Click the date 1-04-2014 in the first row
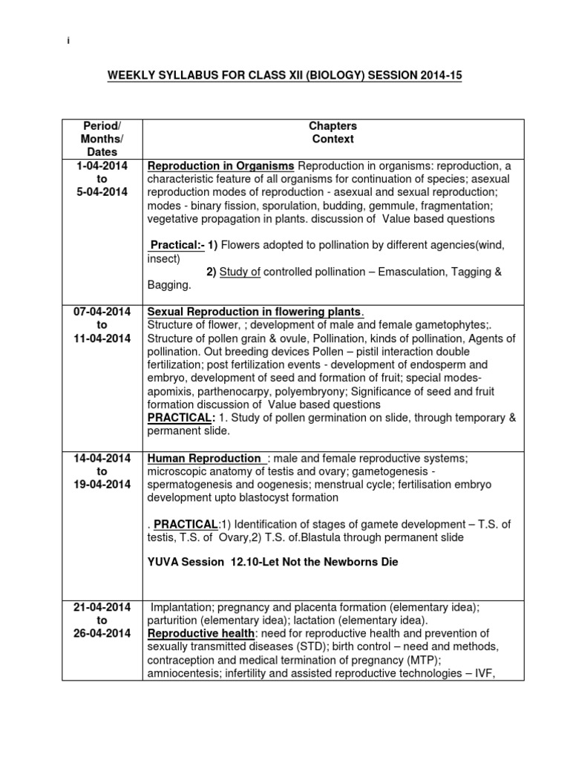pyautogui.click(x=102, y=164)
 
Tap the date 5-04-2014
pyautogui.click(x=102, y=191)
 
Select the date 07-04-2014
pyautogui.click(x=102, y=311)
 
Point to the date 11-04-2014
pyautogui.click(x=102, y=338)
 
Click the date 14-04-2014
pyautogui.click(x=102, y=458)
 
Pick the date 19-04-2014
pyautogui.click(x=102, y=485)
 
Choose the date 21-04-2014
pyautogui.click(x=102, y=606)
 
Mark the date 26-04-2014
pyautogui.click(x=102, y=633)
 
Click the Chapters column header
pyautogui.click(x=332, y=125)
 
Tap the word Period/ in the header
pyautogui.click(x=102, y=125)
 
